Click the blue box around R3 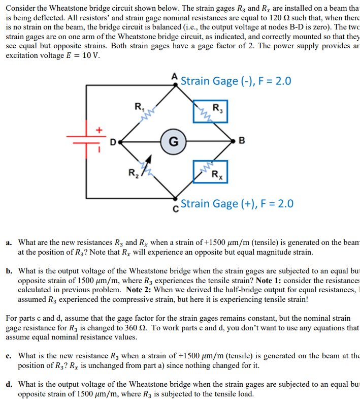point(210,111)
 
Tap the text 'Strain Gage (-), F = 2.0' point(236,81)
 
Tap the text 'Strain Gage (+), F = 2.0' point(237,204)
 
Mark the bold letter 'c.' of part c point(9,356)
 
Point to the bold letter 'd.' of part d point(9,384)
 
